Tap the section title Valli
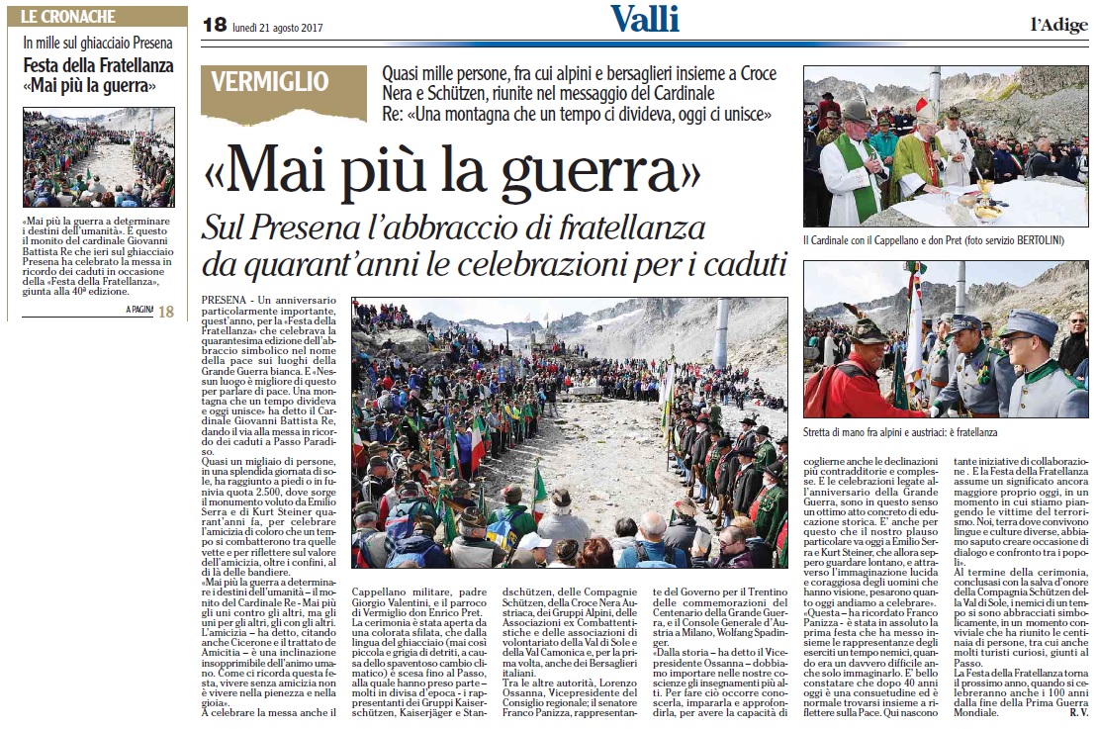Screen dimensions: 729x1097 point(644,19)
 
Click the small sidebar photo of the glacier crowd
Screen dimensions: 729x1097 point(98,157)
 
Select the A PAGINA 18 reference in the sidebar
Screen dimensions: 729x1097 point(149,311)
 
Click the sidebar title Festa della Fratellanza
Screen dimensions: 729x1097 point(98,65)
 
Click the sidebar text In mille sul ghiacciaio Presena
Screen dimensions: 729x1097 point(98,43)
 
